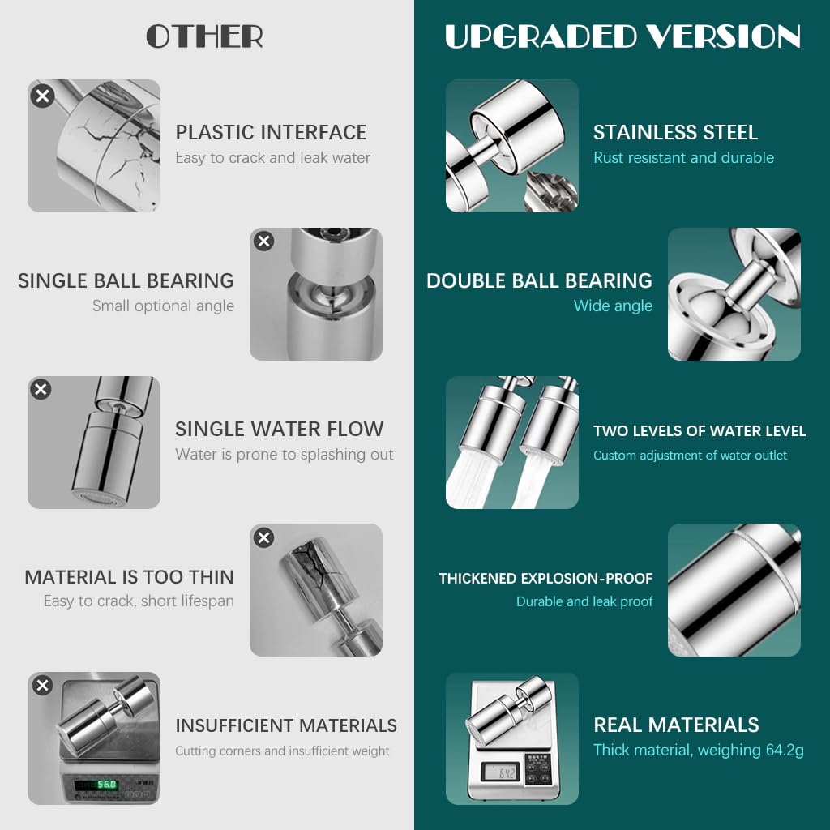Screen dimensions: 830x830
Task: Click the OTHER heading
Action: pos(204,36)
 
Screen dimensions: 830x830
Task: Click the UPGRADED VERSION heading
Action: pos(622,36)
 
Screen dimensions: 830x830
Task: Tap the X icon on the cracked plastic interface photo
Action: pos(42,96)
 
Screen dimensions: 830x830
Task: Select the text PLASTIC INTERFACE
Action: pos(271,132)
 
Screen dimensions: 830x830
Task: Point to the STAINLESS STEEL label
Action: pos(675,132)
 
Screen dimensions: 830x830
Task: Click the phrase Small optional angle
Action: pos(163,306)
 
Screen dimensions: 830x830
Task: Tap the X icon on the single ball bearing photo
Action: pos(263,241)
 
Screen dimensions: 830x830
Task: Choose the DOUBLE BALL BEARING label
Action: pos(539,280)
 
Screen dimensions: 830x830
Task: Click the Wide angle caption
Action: pos(613,306)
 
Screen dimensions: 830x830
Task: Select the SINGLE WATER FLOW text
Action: pos(280,429)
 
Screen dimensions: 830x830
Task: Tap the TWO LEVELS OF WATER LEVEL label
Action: pos(700,431)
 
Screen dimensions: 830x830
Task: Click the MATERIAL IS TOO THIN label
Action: pos(129,577)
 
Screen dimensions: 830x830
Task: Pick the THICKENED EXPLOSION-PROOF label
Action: pos(545,579)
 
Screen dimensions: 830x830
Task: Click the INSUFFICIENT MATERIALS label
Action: pos(286,725)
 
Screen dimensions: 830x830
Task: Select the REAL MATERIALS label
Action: pos(676,725)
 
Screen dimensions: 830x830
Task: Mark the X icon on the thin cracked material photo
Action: pos(263,537)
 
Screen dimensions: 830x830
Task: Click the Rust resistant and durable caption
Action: pos(683,157)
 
